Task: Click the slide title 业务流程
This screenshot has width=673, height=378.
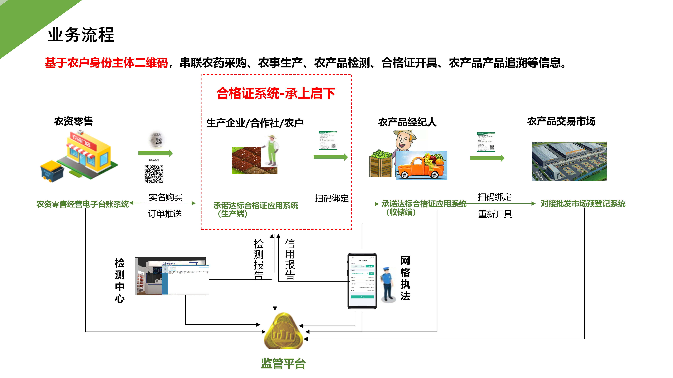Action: (81, 35)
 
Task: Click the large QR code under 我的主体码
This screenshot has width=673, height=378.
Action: (154, 174)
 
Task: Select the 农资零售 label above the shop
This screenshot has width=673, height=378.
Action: (73, 121)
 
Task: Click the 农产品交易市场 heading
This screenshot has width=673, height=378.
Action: (561, 121)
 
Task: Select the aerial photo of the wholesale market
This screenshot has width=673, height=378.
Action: (569, 161)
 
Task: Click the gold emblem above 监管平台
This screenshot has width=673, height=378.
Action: (284, 331)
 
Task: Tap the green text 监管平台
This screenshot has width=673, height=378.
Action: (284, 363)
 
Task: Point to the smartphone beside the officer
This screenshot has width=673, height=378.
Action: (362, 281)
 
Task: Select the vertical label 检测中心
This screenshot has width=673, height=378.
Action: (120, 280)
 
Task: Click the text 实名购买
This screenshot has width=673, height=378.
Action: (166, 197)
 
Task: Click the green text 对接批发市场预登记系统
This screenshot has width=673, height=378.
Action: (583, 204)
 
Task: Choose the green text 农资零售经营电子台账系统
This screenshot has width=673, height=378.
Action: (83, 204)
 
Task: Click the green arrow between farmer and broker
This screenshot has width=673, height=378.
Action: (331, 157)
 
